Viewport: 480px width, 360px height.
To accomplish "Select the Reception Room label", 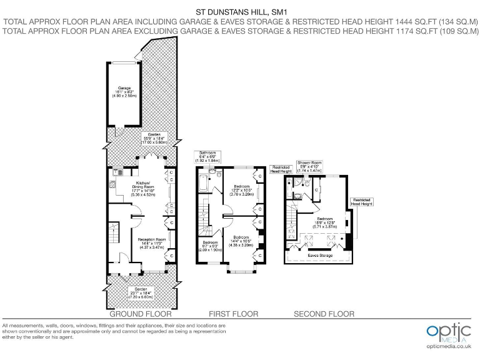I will [x=152, y=242].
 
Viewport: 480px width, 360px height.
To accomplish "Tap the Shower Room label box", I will [x=309, y=166].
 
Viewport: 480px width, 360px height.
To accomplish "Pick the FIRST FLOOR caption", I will [x=232, y=314].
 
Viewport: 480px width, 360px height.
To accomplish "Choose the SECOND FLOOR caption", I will [x=324, y=314].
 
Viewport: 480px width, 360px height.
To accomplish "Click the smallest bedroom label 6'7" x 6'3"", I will [x=209, y=246].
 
